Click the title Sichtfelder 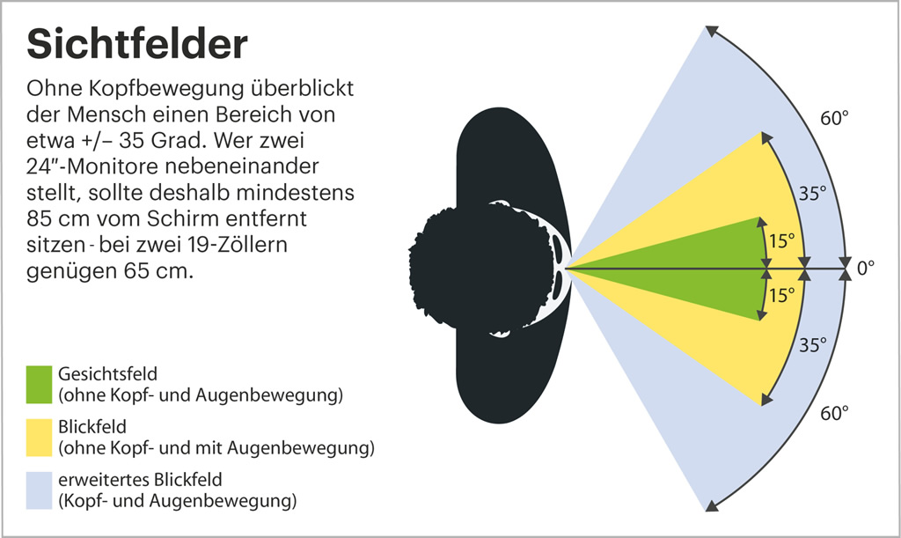137,44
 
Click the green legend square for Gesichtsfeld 39,385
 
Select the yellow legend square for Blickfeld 39,438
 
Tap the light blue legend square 39,490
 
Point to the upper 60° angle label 834,118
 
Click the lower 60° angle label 834,413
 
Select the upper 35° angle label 813,193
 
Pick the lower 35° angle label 813,345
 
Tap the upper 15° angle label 782,241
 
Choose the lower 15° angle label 782,296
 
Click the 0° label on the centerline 866,268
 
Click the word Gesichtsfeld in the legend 107,374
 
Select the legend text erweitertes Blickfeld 140,480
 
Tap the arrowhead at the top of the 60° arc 711,31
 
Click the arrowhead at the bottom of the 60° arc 711,505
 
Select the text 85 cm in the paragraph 58,219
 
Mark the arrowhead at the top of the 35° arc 766,137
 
